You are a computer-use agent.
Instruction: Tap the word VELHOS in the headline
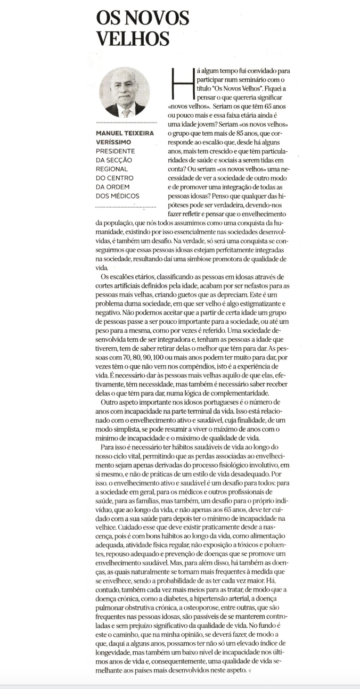coord(133,38)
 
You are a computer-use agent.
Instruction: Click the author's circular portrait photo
coord(126,93)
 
